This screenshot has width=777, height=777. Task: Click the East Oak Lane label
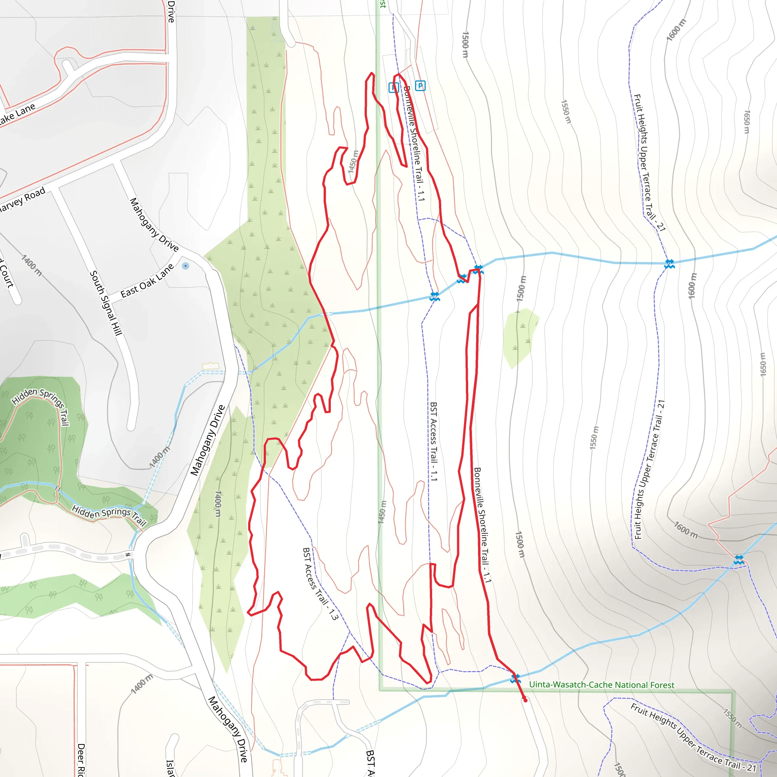point(147,280)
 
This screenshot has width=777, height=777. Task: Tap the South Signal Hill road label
point(106,303)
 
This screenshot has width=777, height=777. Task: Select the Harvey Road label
point(22,200)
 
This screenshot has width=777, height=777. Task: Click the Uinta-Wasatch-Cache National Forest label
point(601,685)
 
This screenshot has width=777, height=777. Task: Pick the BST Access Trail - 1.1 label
point(433,442)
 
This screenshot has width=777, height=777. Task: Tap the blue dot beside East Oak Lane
point(186,266)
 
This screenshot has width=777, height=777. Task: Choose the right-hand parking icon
point(420,86)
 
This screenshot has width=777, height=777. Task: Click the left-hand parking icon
point(393,87)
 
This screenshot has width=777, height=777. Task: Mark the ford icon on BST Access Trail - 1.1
point(434,297)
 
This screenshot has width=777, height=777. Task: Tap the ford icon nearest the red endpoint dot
point(515,679)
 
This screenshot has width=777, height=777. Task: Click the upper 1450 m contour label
point(353,162)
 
